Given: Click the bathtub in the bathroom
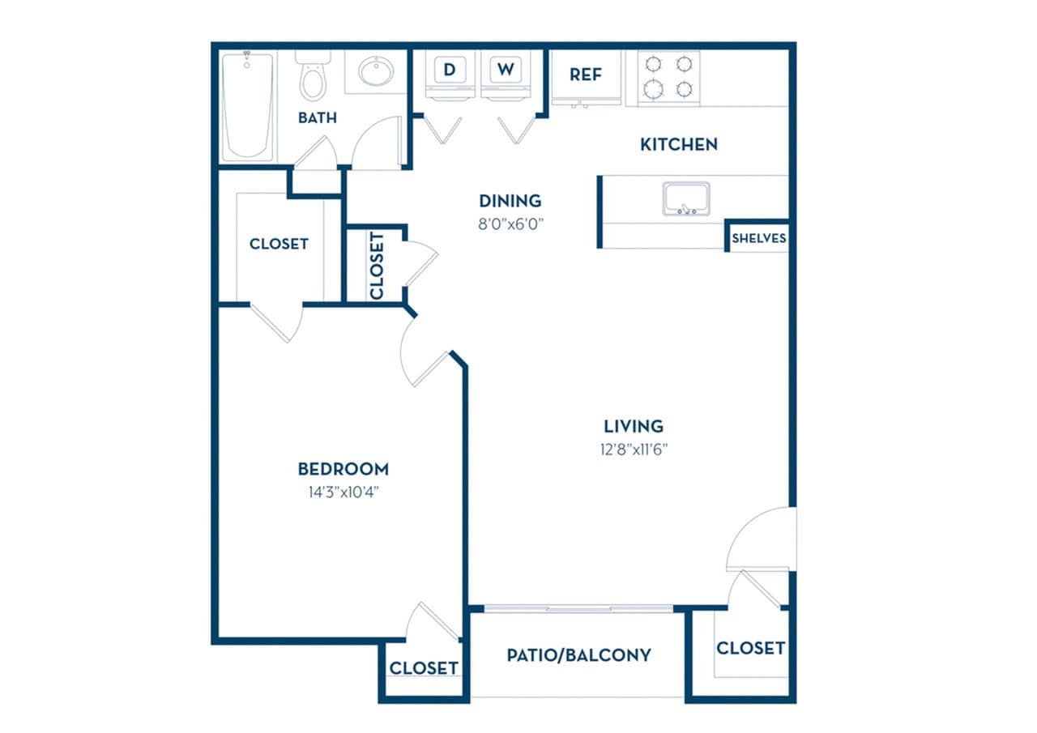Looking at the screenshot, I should point(248,107).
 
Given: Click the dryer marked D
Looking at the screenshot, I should point(450,70).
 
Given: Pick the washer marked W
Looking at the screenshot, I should point(506,70).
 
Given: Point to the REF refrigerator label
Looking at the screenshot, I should point(586,75).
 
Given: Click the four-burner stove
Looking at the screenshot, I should point(668,77).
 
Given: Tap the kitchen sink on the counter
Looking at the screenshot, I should point(686,198).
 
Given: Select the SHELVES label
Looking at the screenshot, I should point(758,239).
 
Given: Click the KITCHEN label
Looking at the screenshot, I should point(679,145).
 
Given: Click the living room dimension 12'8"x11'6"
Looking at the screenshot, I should point(634,449).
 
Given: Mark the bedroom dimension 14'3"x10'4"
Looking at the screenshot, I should point(343,492).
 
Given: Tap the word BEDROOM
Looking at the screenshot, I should point(343,469).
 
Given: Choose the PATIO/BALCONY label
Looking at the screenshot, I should point(578,654).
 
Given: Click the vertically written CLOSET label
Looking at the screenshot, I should point(376,266).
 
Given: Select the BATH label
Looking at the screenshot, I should point(318,118).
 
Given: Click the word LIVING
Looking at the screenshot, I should point(634,426).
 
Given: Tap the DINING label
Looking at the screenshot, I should point(510,201).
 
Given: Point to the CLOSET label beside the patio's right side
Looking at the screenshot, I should point(750,648).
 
